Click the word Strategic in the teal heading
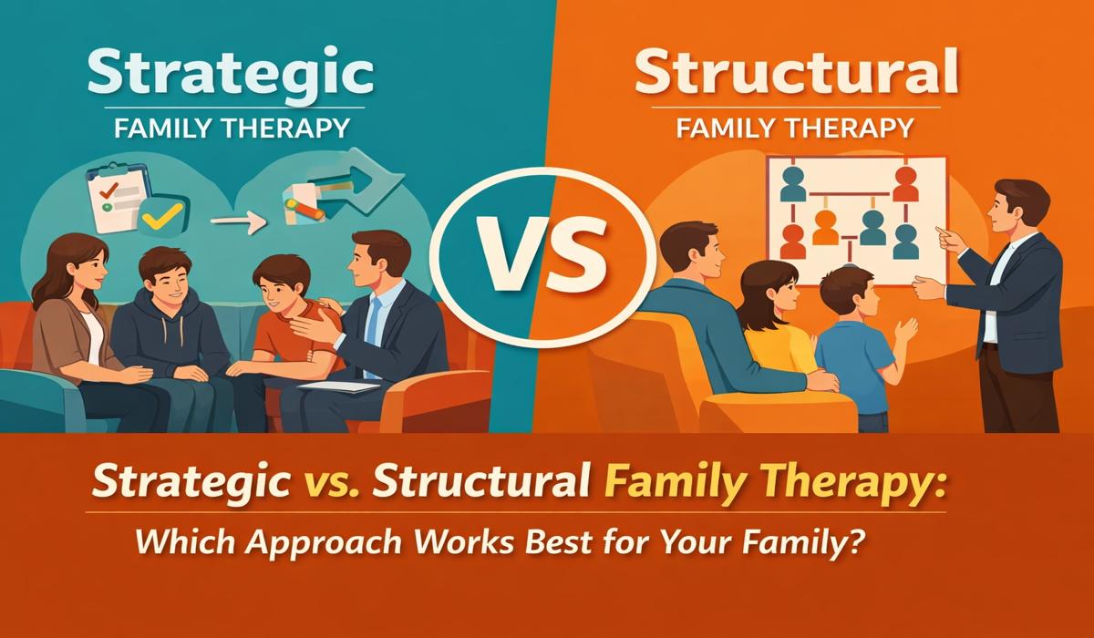pyautogui.click(x=231, y=73)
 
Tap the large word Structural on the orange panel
pyautogui.click(x=796, y=72)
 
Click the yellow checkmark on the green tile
pyautogui.click(x=163, y=216)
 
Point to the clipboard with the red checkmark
pyautogui.click(x=118, y=196)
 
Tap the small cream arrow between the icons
pyautogui.click(x=238, y=222)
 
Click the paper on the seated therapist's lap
pyautogui.click(x=338, y=386)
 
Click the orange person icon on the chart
pyautogui.click(x=825, y=227)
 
